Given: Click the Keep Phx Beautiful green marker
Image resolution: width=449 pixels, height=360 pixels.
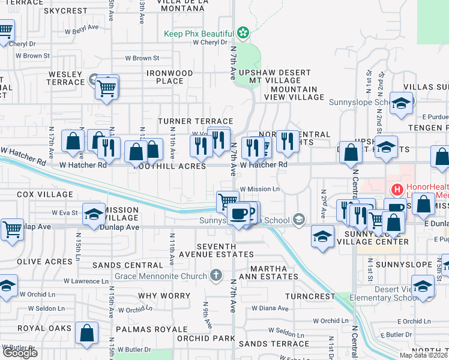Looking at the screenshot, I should (x=243, y=32).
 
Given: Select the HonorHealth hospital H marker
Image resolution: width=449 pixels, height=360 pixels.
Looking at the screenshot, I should (x=396, y=190).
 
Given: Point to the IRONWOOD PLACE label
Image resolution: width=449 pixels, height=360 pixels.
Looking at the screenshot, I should (x=170, y=77).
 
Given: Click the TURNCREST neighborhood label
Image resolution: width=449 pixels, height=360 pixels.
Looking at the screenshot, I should (x=310, y=296).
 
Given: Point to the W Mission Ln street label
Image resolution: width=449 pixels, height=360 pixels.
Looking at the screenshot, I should (x=260, y=189).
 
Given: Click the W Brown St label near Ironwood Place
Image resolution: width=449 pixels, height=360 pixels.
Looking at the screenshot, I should (x=142, y=58).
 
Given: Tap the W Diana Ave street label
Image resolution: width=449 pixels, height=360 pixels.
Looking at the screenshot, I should (x=271, y=308).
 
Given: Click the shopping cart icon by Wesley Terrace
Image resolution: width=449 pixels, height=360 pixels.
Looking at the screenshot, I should (x=107, y=88).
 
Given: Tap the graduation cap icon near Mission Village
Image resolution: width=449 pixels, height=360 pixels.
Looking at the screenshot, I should (x=94, y=215).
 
